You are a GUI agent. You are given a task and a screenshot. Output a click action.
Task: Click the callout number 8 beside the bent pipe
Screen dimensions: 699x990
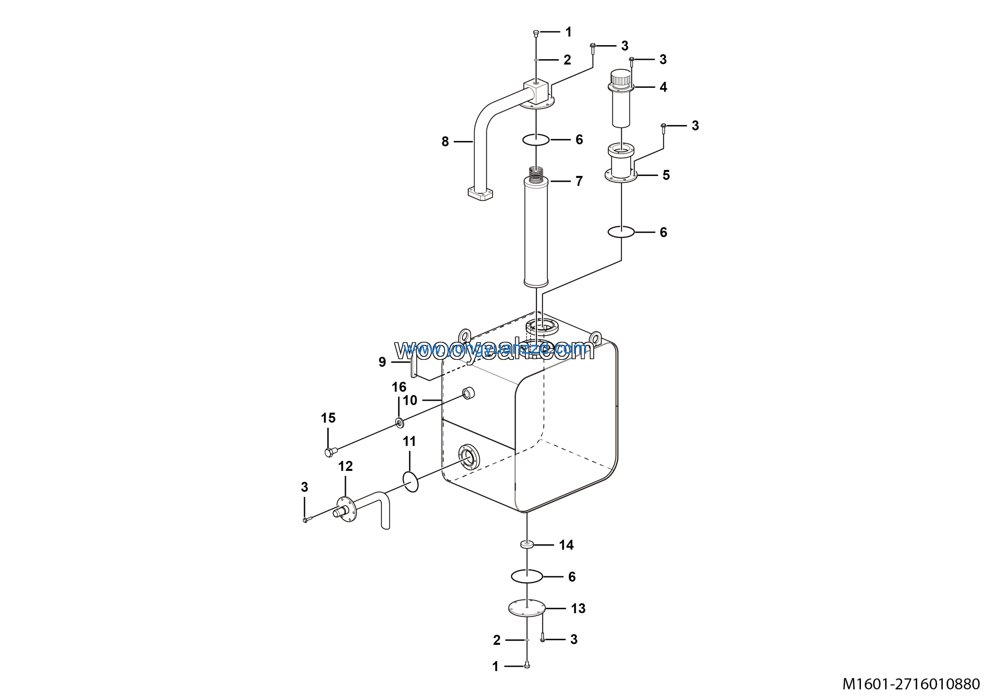(x=445, y=142)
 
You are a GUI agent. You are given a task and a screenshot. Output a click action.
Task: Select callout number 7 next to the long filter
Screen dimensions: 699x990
(x=579, y=181)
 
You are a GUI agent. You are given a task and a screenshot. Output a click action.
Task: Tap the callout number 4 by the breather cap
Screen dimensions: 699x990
(x=663, y=87)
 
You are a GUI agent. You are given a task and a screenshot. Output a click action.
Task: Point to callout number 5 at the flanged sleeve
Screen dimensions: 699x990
(x=666, y=175)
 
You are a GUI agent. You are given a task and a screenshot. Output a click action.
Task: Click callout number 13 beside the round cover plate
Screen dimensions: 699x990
(x=578, y=609)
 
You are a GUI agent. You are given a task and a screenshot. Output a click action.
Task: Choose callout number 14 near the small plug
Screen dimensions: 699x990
(x=566, y=545)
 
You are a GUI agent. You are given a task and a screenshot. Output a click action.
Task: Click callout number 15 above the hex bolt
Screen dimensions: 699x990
(x=328, y=418)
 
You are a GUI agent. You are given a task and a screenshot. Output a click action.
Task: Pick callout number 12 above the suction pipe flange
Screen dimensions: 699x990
(x=345, y=466)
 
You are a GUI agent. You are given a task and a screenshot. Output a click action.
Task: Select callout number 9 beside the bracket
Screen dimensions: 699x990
(x=382, y=362)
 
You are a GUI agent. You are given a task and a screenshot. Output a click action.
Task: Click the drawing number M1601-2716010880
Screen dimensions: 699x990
(x=911, y=684)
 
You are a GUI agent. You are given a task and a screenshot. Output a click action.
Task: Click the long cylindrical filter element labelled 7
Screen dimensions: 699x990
(x=536, y=233)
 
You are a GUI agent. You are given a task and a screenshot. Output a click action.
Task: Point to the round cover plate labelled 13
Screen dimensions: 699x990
(x=527, y=608)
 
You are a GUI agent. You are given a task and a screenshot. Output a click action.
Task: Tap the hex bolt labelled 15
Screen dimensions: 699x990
(x=330, y=452)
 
